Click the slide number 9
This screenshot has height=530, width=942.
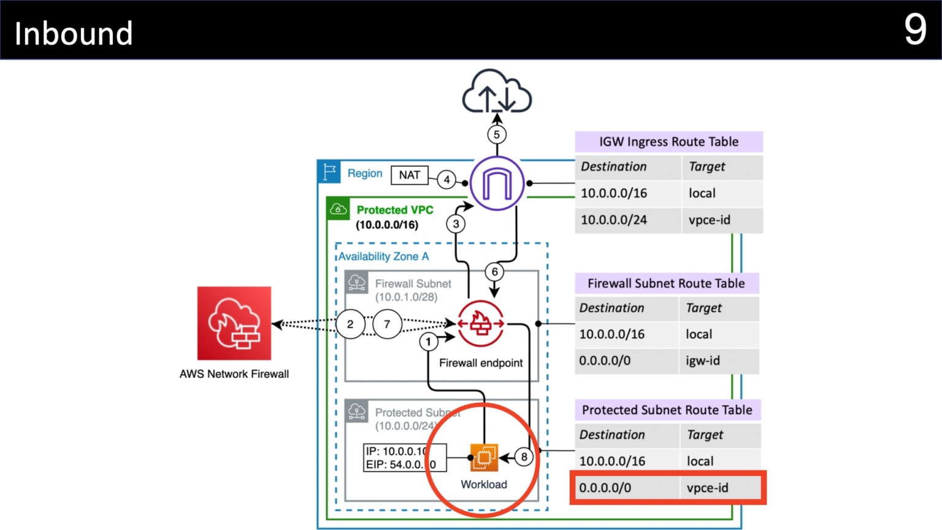coord(914,29)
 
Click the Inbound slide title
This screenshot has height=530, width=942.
coord(74,33)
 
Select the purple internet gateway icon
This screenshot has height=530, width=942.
coord(497,183)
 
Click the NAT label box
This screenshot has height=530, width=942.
coord(409,175)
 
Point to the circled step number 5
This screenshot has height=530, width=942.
coord(497,134)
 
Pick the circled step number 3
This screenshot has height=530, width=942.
coord(456,224)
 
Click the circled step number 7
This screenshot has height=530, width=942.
coord(387,324)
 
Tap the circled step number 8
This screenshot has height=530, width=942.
coord(524,457)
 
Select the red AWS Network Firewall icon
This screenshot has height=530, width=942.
coord(234,323)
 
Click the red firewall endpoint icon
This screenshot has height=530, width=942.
coord(481,323)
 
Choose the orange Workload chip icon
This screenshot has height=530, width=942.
coord(484,457)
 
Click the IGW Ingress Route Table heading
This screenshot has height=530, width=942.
coord(668,142)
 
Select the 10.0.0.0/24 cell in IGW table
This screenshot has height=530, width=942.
coord(614,220)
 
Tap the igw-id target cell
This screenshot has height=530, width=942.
coord(703,361)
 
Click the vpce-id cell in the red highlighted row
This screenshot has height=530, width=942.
coord(708,488)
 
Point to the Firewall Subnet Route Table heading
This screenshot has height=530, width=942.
coord(666,283)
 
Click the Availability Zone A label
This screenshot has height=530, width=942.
coord(383,256)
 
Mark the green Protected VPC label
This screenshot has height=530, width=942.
coord(394,210)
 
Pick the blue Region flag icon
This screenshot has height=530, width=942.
coord(329,172)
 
